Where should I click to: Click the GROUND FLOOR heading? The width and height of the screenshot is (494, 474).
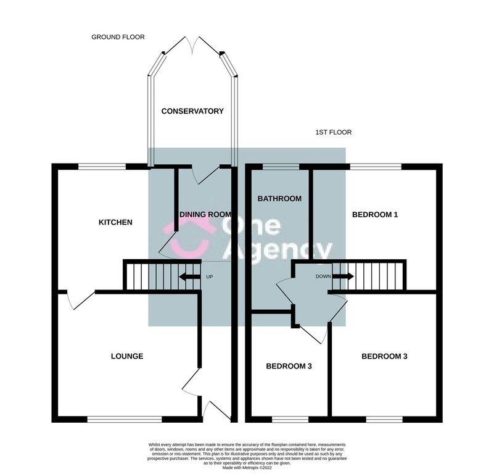point(118,37)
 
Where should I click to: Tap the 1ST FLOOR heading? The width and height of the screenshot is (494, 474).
point(333,132)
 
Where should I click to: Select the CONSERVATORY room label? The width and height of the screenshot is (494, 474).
point(192,111)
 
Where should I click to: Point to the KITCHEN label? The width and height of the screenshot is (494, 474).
point(115,222)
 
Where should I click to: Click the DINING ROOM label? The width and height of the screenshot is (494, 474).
point(205,214)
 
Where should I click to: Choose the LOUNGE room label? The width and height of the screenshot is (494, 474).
point(127,356)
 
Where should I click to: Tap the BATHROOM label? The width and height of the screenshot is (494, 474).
point(279,198)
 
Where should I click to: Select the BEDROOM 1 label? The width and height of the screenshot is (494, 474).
point(375,214)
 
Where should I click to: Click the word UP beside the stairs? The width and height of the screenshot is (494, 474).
point(210,276)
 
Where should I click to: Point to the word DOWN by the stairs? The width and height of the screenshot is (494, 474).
point(323,276)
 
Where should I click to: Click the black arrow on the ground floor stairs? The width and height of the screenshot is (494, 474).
point(189,277)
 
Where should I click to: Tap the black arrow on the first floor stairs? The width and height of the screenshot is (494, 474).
point(344,276)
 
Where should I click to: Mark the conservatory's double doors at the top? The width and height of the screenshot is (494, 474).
point(192,45)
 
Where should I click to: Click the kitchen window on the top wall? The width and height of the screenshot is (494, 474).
point(102,166)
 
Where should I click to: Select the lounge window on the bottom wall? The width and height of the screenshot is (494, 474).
point(125,419)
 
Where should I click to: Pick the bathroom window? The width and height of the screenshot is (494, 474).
point(281,166)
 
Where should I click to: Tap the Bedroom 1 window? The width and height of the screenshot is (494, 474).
point(376,166)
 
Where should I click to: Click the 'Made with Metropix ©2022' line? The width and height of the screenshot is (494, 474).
point(247,468)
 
